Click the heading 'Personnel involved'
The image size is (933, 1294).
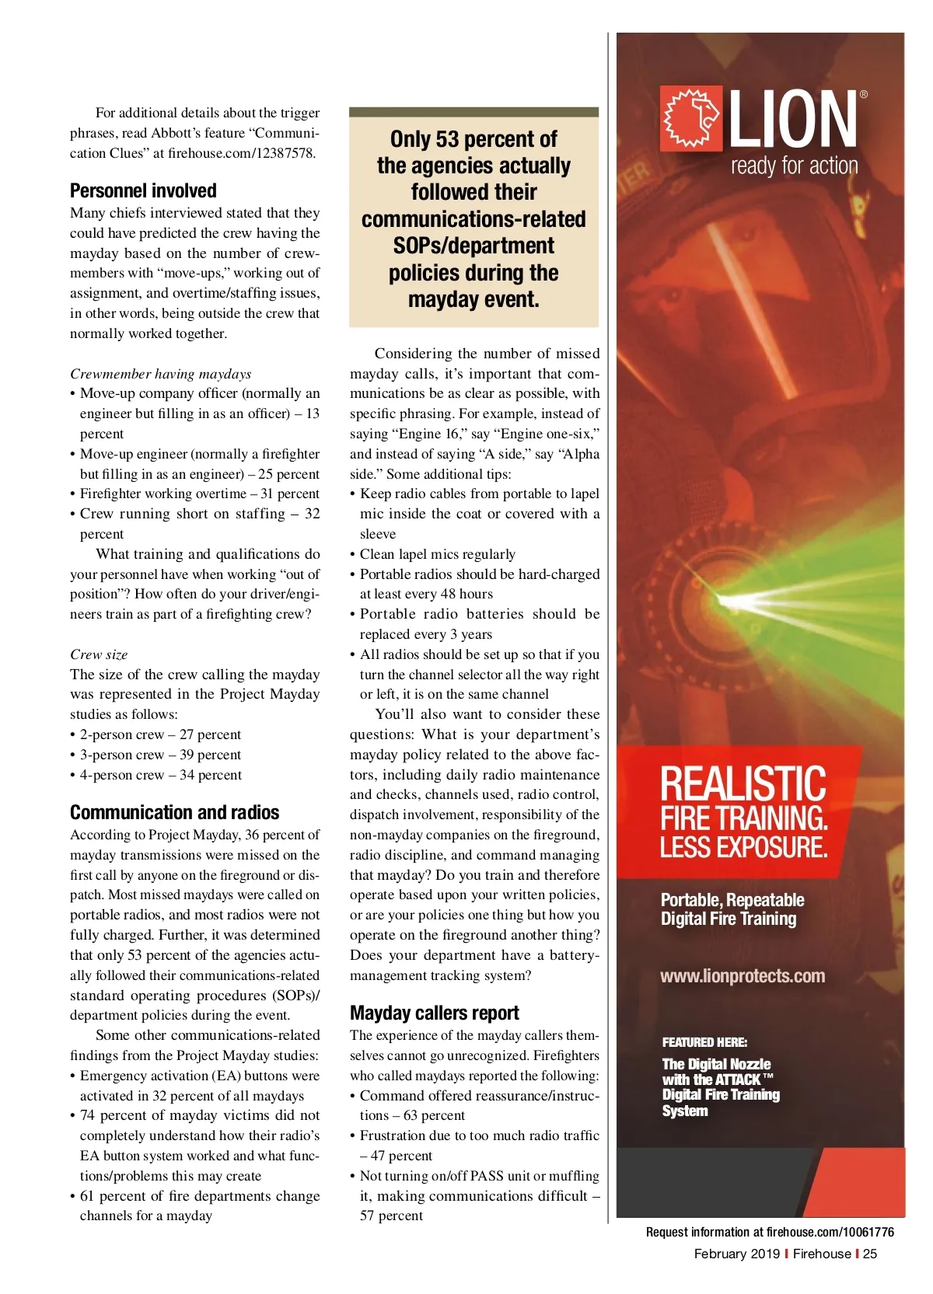point(143,191)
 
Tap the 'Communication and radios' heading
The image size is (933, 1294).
point(174,813)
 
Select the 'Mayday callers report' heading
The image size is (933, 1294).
point(434,1013)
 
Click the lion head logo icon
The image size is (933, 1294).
point(690,119)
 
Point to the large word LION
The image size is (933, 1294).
point(792,119)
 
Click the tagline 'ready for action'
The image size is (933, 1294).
point(794,166)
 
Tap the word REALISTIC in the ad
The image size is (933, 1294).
point(743,783)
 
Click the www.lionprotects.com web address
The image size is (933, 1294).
point(743,976)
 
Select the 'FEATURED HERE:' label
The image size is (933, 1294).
point(704,1042)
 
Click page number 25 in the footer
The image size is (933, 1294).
point(870,1254)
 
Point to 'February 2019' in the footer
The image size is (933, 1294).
point(736,1254)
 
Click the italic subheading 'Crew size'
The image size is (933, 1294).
point(99,654)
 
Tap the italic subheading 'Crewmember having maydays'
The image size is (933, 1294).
point(160,374)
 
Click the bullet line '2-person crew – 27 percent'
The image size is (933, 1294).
point(160,734)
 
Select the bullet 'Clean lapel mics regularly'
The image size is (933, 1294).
point(437,554)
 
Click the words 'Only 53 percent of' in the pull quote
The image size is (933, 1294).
point(473,139)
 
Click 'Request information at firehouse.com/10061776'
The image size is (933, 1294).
point(770,1232)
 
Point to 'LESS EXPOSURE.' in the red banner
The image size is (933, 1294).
point(743,847)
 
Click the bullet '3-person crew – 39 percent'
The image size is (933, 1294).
point(160,755)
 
